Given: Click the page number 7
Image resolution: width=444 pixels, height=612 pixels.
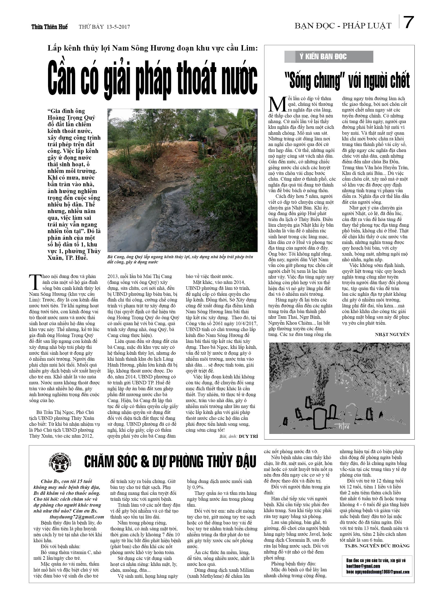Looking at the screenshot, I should coord(409,22).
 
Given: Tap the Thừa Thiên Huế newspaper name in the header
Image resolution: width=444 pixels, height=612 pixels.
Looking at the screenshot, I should coord(49,27).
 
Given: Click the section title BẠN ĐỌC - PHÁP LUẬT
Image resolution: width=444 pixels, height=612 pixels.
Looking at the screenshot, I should coord(343,26).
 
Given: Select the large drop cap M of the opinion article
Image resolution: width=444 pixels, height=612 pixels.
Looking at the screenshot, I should coord(277,104).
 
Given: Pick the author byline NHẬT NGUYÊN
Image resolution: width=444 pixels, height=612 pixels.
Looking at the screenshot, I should coord(392,334).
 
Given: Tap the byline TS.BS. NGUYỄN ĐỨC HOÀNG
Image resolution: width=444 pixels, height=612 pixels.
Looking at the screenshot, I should coord(377,546).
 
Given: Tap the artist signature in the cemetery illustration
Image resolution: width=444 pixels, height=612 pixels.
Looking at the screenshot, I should coord(342,426).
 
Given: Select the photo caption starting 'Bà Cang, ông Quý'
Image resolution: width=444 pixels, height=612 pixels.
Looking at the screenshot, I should coord(180,259).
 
